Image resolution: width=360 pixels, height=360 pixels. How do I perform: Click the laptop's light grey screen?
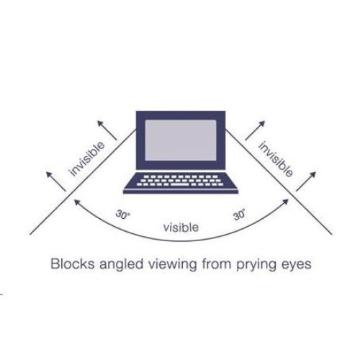click(x=181, y=140)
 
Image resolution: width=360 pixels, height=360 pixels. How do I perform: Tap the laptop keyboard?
click(x=181, y=180)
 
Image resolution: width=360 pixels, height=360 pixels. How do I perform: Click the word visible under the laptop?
click(x=181, y=228)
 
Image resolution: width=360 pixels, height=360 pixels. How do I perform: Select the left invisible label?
click(x=87, y=159)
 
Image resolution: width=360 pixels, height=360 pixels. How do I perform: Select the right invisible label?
click(x=276, y=159)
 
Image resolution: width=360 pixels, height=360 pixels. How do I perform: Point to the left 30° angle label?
click(x=122, y=215)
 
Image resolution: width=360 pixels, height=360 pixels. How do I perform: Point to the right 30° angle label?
click(x=239, y=215)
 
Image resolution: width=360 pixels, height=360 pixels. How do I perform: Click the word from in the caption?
click(x=217, y=264)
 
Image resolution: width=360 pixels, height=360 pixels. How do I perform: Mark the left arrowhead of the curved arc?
click(x=77, y=202)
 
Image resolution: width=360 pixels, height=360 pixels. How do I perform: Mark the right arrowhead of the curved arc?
click(x=286, y=202)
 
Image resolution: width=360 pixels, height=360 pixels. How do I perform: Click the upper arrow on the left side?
click(x=107, y=130)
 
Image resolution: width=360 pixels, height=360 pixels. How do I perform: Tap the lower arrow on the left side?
click(x=55, y=181)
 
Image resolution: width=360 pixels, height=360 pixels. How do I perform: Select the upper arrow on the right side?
click(x=255, y=130)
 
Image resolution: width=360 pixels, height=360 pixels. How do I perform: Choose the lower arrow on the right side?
click(x=306, y=181)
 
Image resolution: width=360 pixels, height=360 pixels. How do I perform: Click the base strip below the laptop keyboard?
click(x=181, y=192)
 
